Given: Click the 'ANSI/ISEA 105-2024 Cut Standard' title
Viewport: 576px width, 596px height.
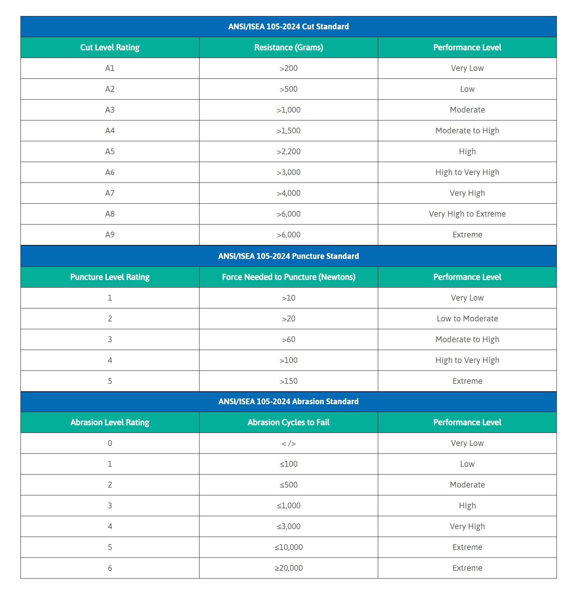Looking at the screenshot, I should tap(288, 27).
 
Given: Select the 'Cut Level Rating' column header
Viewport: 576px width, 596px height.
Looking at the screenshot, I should tap(110, 47).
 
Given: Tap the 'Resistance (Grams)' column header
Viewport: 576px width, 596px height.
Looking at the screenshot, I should tap(288, 47).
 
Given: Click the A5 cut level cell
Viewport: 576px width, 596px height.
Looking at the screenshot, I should tap(110, 151).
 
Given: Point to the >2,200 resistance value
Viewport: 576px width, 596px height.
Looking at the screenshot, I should tap(288, 151).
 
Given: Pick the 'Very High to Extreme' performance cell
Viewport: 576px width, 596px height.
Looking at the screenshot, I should tap(467, 214).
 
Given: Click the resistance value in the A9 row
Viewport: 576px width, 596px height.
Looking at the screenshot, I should tap(288, 235).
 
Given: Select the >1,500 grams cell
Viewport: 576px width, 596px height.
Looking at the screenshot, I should tap(288, 131).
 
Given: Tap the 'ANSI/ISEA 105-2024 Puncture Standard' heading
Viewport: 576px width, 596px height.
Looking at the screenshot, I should tap(288, 256).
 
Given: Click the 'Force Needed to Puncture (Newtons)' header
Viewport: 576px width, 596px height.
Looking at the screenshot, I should tap(288, 277).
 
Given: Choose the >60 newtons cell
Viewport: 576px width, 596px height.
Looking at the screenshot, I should tap(288, 339).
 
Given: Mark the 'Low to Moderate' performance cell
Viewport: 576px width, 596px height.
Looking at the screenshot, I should tap(467, 319).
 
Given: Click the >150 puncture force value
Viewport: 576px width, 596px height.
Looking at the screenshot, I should tap(288, 381).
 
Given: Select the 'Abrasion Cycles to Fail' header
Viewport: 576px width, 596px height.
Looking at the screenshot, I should tap(288, 422).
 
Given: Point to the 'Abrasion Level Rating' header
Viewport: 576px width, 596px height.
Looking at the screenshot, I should tap(110, 422).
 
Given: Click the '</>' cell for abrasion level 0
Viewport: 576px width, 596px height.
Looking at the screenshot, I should tap(288, 443).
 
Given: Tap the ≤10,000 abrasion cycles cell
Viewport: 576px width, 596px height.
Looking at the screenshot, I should tap(288, 547).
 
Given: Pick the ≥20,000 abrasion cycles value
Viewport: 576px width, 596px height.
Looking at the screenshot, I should tap(288, 568).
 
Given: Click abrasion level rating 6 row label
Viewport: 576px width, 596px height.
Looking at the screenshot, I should tap(110, 568).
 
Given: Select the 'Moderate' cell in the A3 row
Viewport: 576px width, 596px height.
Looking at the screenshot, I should tap(467, 110).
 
